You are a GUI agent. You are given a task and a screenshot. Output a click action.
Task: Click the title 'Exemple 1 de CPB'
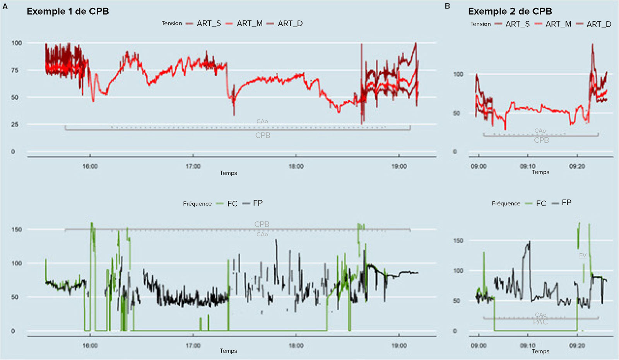(x=68, y=11)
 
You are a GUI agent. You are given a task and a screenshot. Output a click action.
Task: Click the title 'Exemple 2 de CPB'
(x=510, y=11)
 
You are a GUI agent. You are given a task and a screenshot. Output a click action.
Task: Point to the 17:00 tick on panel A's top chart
(x=193, y=166)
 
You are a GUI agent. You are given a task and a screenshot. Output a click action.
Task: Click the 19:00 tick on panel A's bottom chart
(x=399, y=345)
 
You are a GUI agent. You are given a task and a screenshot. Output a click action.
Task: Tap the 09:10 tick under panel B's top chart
(x=528, y=166)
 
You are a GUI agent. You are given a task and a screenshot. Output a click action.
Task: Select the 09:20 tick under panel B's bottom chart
(x=577, y=345)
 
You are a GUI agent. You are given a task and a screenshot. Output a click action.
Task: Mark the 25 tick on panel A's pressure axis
(x=15, y=125)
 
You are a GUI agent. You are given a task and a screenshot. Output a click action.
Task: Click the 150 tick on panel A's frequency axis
(x=17, y=229)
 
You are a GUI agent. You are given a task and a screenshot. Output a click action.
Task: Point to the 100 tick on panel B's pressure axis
(x=458, y=74)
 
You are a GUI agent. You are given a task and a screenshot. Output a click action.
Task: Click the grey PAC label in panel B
(x=540, y=322)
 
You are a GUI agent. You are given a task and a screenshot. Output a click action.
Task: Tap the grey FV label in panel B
(x=583, y=255)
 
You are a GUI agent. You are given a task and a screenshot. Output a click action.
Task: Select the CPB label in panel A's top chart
(x=263, y=135)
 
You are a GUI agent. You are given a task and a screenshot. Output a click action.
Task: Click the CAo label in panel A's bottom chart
(x=262, y=234)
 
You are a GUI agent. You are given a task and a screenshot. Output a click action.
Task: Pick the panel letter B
(x=447, y=6)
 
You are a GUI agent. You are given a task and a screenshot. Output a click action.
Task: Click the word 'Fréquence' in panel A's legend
(x=197, y=203)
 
